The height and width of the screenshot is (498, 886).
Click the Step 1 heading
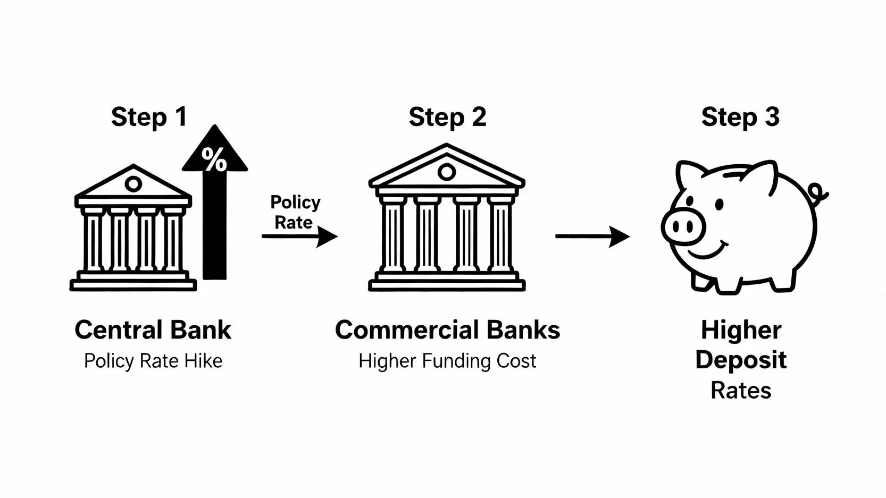click(149, 117)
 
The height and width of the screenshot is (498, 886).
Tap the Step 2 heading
click(447, 117)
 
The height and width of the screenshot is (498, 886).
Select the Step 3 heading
click(740, 117)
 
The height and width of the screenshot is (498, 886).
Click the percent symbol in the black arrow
click(214, 159)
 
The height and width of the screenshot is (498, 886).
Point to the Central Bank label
click(153, 330)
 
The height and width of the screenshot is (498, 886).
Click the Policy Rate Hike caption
click(153, 361)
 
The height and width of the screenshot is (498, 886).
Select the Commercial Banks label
click(447, 330)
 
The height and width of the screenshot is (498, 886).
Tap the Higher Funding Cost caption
click(447, 361)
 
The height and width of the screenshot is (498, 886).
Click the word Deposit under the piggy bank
click(741, 360)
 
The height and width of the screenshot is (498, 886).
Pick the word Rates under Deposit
click(741, 391)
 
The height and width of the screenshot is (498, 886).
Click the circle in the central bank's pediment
click(133, 184)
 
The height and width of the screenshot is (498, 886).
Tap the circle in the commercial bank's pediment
click(447, 172)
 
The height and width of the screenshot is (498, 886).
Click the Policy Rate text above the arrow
click(295, 212)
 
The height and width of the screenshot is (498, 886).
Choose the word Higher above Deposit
click(741, 330)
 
